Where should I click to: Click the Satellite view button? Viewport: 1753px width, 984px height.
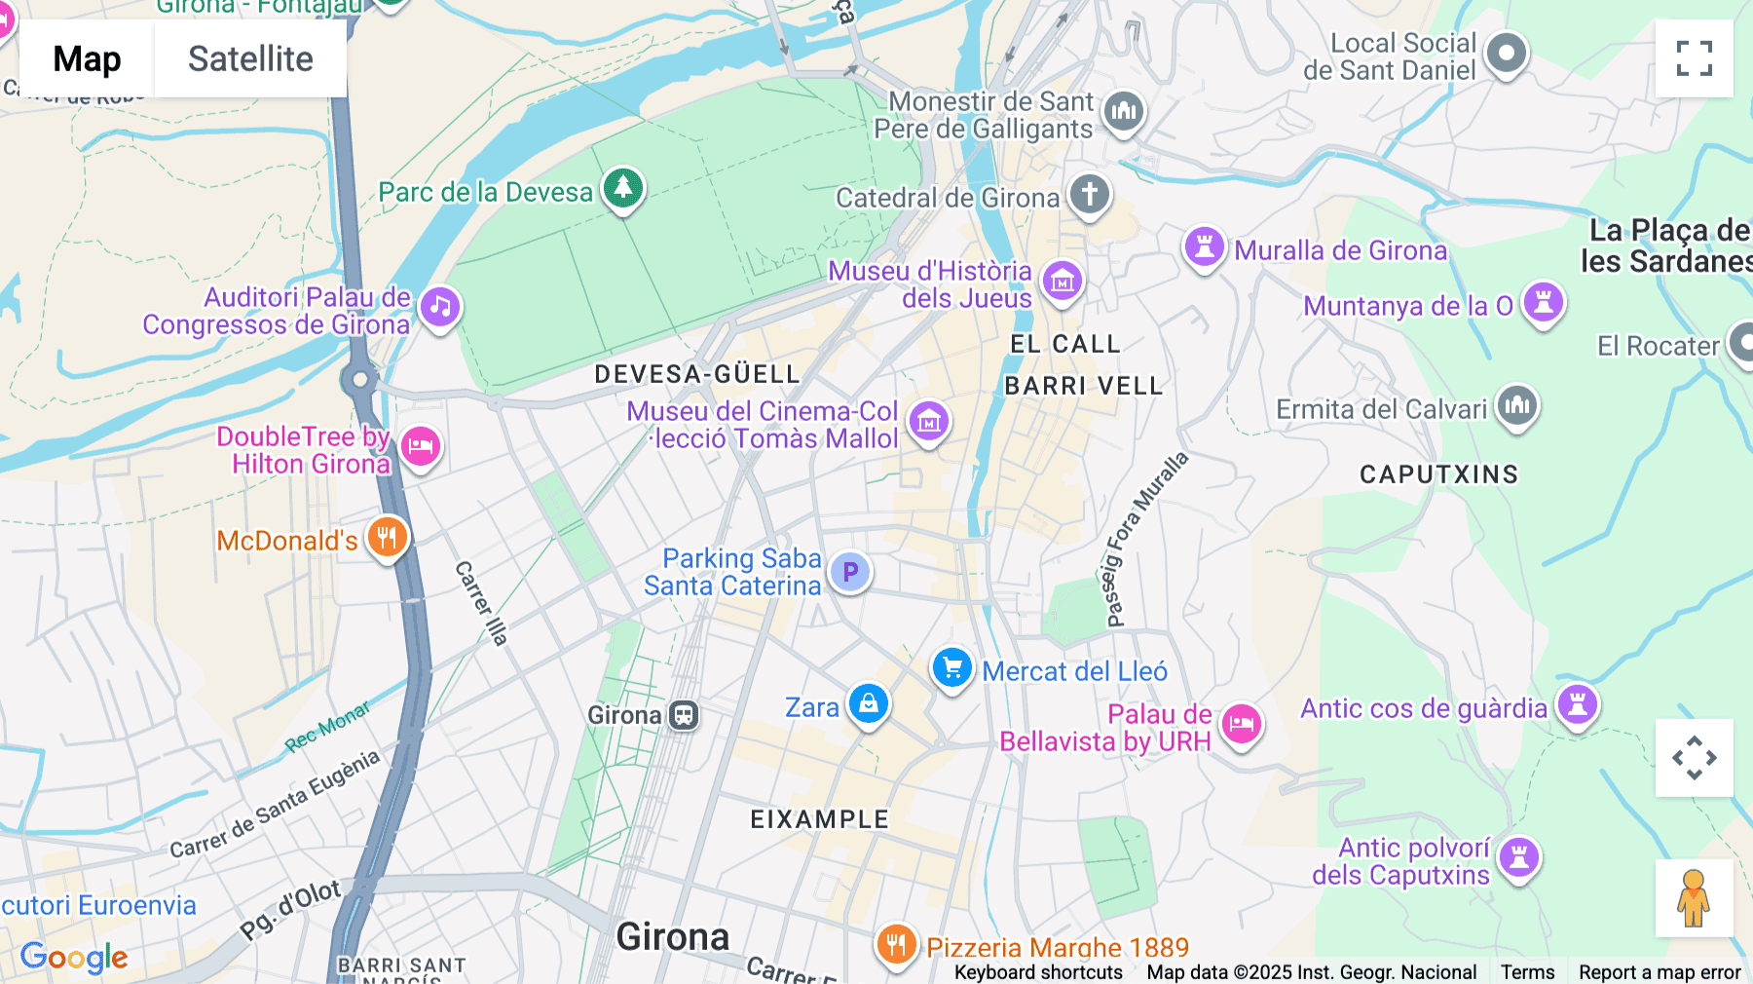tap(250, 58)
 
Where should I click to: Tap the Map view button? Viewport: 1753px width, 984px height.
tap(87, 58)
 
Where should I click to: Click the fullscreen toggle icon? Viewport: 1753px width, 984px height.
tap(1694, 58)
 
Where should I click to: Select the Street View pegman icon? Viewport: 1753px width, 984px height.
tap(1694, 897)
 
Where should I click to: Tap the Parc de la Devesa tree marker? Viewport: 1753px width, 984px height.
tap(623, 186)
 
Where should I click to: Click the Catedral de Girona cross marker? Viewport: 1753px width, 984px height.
tap(1089, 193)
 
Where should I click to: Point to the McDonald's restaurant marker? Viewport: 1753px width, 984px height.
tap(387, 536)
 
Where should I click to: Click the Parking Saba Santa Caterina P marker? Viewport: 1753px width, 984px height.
tap(850, 572)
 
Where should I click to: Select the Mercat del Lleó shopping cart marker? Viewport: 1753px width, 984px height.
tap(952, 668)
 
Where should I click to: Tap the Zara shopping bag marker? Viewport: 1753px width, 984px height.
tap(868, 702)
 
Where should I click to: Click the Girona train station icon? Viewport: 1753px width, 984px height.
tap(684, 715)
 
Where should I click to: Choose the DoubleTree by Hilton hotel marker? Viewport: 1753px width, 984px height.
tap(421, 446)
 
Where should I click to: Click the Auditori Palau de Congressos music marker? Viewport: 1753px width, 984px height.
tap(440, 307)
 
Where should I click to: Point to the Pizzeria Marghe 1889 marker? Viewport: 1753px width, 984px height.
tap(896, 943)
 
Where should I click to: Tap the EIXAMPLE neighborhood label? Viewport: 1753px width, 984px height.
tap(819, 819)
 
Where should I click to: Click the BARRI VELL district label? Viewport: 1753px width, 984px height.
tap(1083, 386)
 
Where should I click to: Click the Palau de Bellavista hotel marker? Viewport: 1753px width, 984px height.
tap(1241, 723)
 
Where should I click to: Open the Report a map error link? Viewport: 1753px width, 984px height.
tap(1659, 972)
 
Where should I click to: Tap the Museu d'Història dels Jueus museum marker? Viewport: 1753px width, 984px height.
tap(1062, 281)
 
